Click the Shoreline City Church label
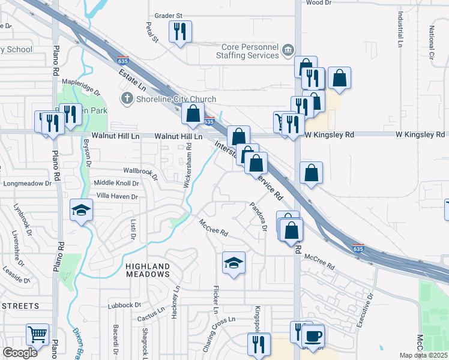[175, 99]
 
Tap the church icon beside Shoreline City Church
[126, 98]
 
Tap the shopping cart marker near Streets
[37, 334]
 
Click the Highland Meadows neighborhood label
[148, 269]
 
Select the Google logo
[20, 353]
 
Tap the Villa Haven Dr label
[118, 196]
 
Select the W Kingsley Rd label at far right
[420, 134]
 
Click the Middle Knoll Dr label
[116, 183]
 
